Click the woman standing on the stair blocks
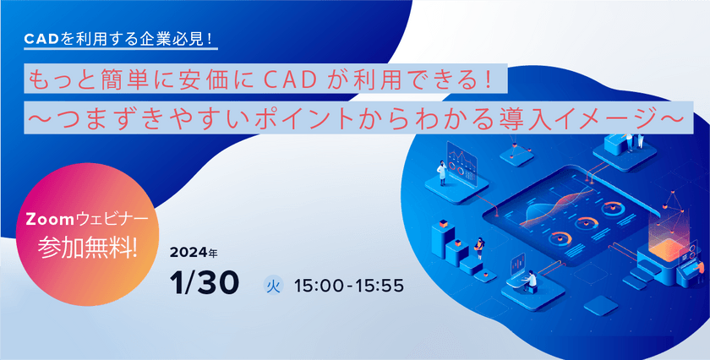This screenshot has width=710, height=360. point(479,248)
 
